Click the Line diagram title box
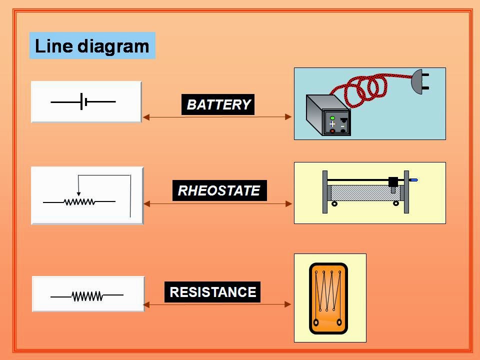click(x=92, y=46)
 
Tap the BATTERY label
click(x=218, y=104)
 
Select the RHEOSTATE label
click(x=219, y=190)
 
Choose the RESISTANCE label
click(x=212, y=292)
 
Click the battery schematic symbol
click(x=83, y=101)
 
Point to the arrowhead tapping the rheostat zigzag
click(x=78, y=194)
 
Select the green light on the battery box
click(x=332, y=118)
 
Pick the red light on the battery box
click(x=332, y=131)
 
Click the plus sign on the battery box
click(x=332, y=124)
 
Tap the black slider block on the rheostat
click(x=393, y=182)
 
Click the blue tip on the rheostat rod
click(x=413, y=179)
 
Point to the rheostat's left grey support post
click(x=325, y=192)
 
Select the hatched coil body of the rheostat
click(x=362, y=193)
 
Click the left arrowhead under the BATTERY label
click(x=146, y=117)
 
